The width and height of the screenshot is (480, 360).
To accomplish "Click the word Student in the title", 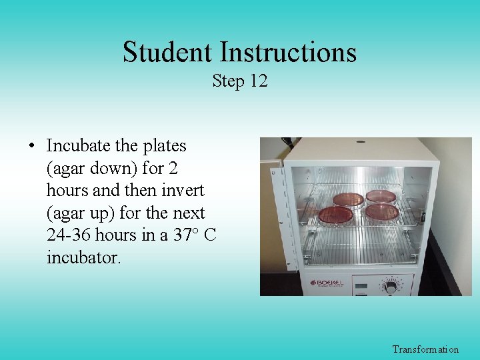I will coord(168,52).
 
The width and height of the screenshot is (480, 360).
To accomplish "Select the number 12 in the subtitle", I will coord(259,81).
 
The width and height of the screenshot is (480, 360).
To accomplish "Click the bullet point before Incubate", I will coord(31,145).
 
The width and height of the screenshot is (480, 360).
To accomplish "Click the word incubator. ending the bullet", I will coord(84,257).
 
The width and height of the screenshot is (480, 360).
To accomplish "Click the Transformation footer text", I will coord(425,349).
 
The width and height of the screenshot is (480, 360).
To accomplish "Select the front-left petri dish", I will coord(335,215).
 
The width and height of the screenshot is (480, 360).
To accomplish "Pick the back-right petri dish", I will coord(380,196).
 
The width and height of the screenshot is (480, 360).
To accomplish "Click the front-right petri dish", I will coord(383,213).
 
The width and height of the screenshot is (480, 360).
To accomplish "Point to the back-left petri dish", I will coord(348,199).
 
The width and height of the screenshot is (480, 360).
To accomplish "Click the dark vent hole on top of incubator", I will coord(361,141).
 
